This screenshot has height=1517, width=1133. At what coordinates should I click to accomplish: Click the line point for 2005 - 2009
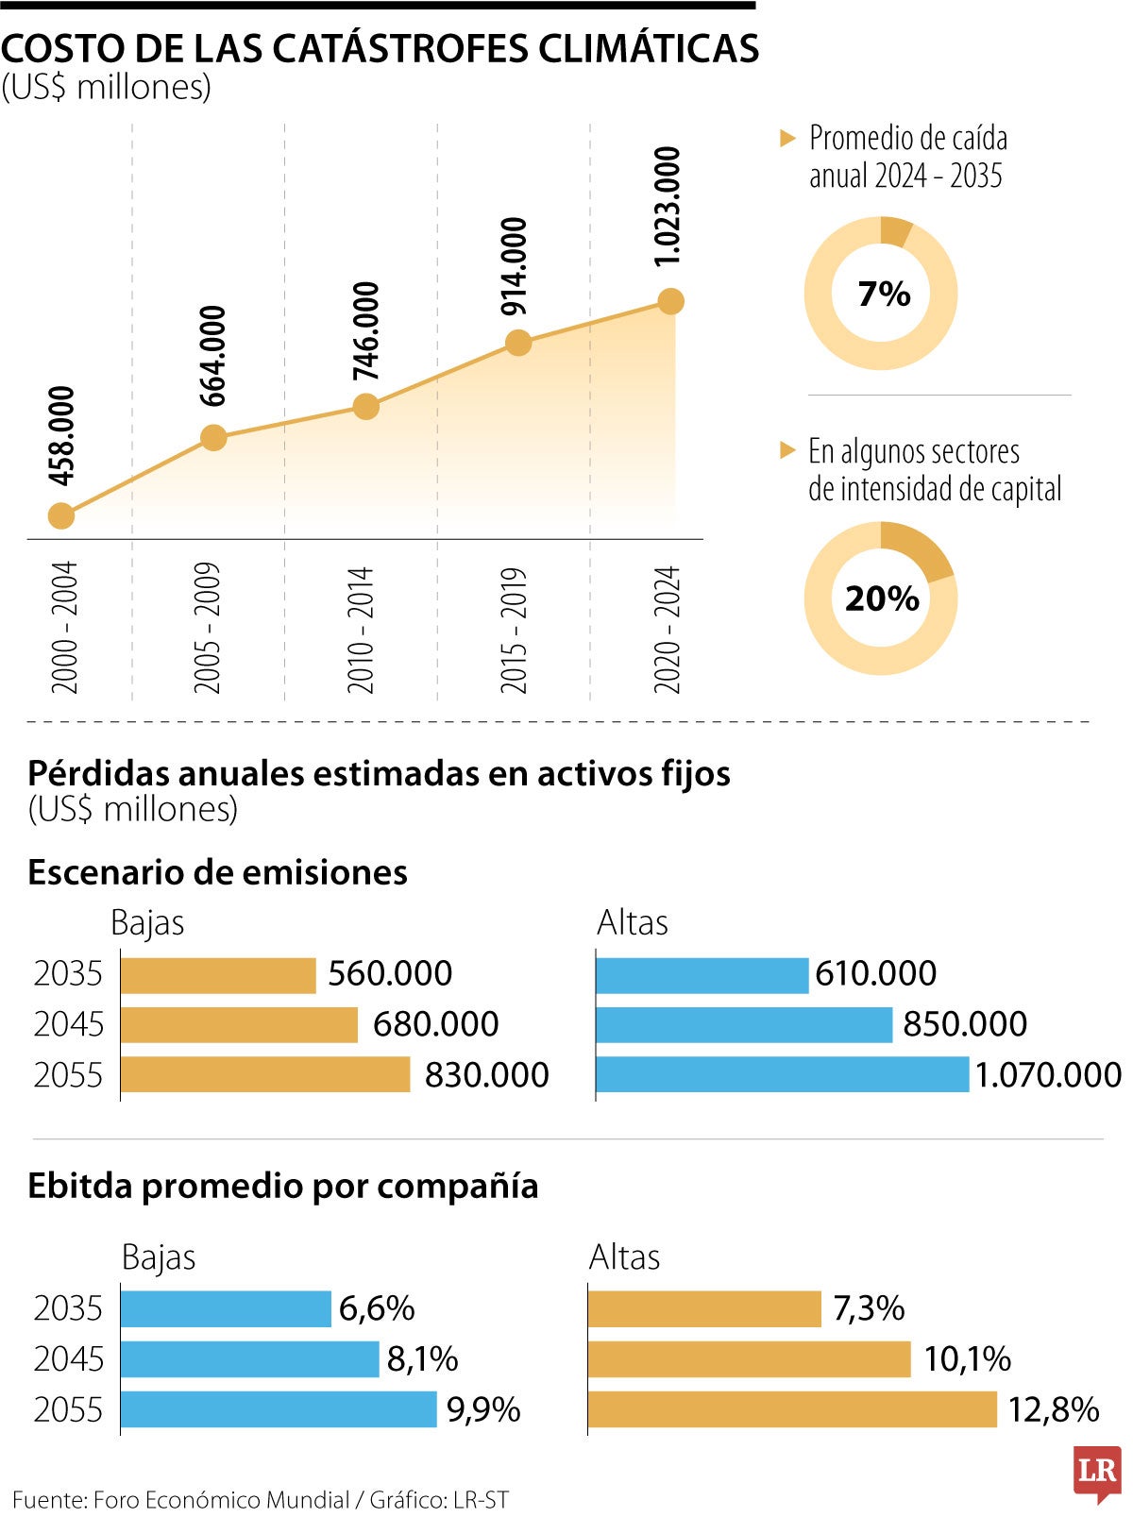[x=214, y=438]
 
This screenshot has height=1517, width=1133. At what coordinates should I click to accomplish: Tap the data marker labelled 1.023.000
[x=670, y=302]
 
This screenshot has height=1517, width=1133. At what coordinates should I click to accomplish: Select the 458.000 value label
[x=61, y=435]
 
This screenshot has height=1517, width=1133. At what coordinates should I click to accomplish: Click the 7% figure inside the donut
[x=884, y=294]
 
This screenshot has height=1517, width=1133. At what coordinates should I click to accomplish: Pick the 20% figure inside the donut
[x=882, y=598]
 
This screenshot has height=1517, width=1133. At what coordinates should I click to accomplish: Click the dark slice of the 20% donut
[x=921, y=552]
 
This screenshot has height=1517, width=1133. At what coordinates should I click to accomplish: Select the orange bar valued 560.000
[x=218, y=975]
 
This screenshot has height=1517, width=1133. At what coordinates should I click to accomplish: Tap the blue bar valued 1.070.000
[x=782, y=1074]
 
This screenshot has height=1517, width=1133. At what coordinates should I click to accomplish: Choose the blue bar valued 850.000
[x=744, y=1024]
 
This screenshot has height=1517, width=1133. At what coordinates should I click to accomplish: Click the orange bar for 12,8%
[x=792, y=1409]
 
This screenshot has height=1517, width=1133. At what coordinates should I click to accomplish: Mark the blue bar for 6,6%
[x=226, y=1308]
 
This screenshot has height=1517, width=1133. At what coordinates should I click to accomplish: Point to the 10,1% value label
[x=967, y=1359]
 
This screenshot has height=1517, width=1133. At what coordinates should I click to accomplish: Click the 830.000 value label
[x=486, y=1075]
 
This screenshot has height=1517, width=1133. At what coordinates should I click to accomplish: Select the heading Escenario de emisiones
[x=217, y=872]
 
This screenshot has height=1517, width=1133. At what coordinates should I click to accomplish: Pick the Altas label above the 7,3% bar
[x=624, y=1257]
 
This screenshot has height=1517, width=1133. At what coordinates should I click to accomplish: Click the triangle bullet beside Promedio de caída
[x=788, y=139]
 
